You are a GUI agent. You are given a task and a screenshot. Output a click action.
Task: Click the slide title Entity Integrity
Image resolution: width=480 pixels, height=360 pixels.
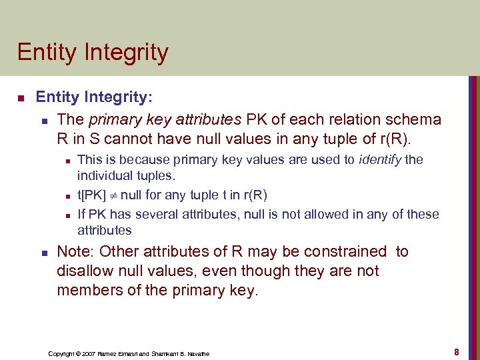(93, 52)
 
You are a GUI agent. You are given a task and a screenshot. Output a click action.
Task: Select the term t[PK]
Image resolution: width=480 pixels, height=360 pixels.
(92, 195)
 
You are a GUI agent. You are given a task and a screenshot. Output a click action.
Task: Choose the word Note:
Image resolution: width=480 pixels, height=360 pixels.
(76, 252)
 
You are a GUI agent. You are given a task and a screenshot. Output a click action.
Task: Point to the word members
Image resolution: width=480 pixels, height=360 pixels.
(87, 291)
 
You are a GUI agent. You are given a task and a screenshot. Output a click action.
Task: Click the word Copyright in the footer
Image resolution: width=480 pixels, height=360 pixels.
(63, 353)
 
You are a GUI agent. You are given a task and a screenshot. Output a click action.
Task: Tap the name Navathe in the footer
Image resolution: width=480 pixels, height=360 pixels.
(197, 353)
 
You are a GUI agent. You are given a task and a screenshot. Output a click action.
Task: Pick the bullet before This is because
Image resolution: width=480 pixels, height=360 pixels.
(65, 160)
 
